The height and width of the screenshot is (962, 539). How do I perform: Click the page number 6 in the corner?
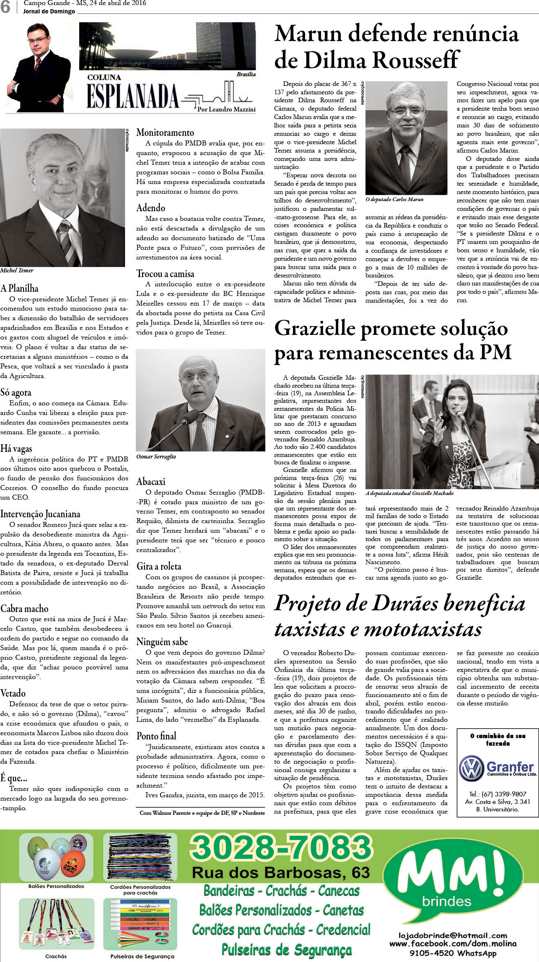coord(5,7)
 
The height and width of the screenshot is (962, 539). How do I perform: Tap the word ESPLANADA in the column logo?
coord(132,96)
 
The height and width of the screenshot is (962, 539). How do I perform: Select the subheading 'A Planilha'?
coord(19,288)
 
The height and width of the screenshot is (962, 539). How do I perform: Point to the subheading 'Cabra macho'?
coord(24,609)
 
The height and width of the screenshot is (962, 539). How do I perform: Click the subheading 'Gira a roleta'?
coord(159,566)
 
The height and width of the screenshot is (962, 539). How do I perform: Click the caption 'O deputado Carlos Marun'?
coord(394,200)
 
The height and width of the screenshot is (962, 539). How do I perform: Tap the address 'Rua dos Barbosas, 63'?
coord(281,872)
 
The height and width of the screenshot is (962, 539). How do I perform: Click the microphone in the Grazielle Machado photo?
coord(460,415)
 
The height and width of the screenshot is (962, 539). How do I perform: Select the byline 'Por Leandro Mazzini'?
coord(226,109)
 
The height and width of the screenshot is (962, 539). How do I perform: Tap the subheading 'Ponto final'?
coord(156,736)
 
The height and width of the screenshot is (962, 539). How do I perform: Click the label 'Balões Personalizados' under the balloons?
coord(56,886)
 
